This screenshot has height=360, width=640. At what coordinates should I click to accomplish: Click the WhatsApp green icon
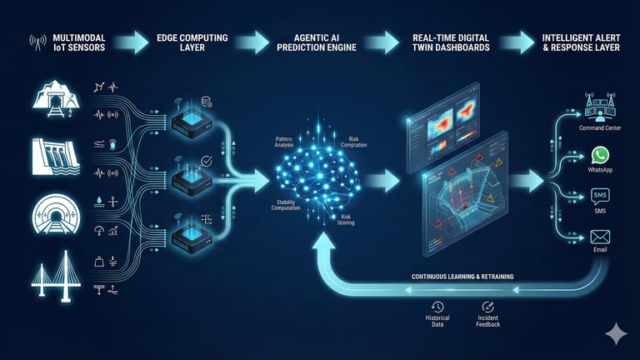[600, 156]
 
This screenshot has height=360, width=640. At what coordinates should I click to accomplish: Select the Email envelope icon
[600, 237]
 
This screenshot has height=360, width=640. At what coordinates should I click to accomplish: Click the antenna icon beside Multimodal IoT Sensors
[37, 41]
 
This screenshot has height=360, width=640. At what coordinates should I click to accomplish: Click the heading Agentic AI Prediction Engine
[324, 41]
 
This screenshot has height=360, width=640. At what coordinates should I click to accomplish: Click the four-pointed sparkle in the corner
[616, 333]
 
